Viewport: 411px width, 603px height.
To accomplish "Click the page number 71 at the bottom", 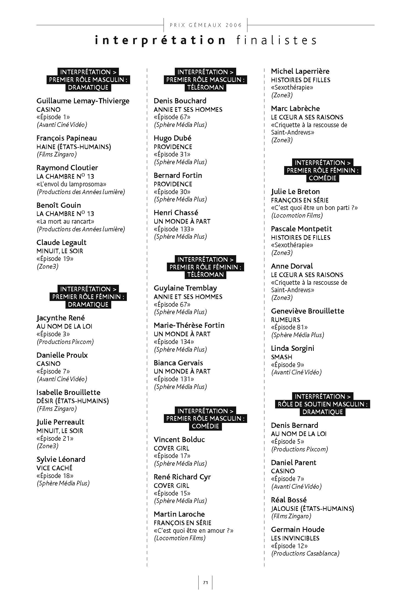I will (x=205, y=582).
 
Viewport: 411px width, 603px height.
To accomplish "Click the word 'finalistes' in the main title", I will (x=276, y=40).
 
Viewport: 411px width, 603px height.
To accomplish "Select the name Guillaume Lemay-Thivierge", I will (x=83, y=101).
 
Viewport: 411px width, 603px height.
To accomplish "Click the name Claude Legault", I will (x=61, y=243).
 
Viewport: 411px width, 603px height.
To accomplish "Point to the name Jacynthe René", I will (x=61, y=318).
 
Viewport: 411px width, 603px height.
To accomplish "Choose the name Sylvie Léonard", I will (x=61, y=459).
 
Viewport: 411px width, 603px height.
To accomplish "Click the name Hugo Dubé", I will (x=172, y=138).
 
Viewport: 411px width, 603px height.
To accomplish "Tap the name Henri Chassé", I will (x=176, y=213).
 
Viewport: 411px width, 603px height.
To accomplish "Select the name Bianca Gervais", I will (x=178, y=363).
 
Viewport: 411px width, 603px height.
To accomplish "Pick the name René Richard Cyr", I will (x=182, y=477).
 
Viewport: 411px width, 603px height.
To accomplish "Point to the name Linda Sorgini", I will (x=292, y=348).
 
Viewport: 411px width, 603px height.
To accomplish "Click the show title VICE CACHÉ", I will (x=54, y=468).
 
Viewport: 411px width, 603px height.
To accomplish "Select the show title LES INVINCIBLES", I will (x=295, y=538).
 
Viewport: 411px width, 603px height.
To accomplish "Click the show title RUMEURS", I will (x=286, y=320).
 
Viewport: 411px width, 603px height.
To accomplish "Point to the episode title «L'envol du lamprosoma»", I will (x=71, y=184).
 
